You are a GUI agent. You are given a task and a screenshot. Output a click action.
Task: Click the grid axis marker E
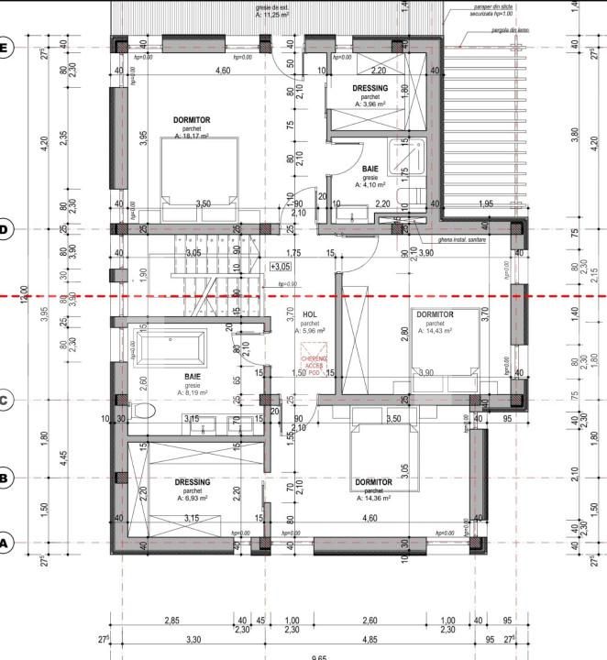[x=6, y=48]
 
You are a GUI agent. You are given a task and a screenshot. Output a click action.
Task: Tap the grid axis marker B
[x=6, y=478]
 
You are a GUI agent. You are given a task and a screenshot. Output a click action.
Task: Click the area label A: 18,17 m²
[x=192, y=137]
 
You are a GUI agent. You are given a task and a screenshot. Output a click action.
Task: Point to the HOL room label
[x=309, y=313]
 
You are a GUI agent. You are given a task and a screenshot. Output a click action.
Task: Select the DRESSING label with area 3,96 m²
[x=370, y=88]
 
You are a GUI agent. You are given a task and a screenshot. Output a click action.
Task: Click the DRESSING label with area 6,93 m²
[x=192, y=482]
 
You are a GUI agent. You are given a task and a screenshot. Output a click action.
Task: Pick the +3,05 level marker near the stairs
[x=281, y=266]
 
